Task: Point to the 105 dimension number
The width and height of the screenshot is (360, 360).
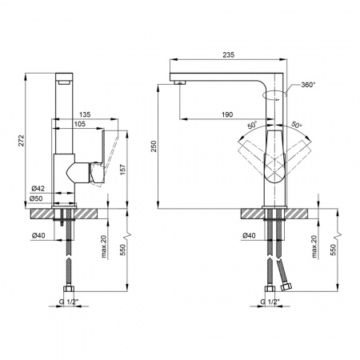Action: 82,124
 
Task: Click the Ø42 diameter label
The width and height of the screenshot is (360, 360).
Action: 38,188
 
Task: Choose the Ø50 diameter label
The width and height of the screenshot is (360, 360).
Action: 38,198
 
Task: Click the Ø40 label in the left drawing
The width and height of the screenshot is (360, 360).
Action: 38,236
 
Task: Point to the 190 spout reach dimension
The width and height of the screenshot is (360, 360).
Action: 227,115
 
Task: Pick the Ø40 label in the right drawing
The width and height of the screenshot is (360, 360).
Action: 249,236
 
